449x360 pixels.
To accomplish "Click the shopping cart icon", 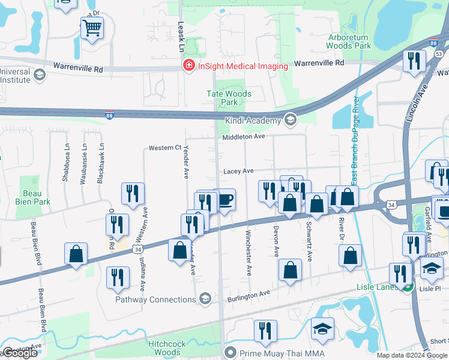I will pyautogui.click(x=92, y=28).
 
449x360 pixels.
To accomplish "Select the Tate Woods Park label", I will pyautogui.click(x=229, y=98).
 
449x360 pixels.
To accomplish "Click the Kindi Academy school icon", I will pyautogui.click(x=291, y=120).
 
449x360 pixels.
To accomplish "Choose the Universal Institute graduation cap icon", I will pyautogui.click(x=40, y=75).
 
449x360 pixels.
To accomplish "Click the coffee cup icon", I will pyautogui.click(x=224, y=200).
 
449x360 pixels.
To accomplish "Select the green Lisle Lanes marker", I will pyautogui.click(x=408, y=288).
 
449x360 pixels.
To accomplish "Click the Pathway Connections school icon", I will pyautogui.click(x=205, y=299).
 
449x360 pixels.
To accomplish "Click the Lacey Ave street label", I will pyautogui.click(x=238, y=171).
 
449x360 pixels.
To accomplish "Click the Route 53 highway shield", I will pyautogui.click(x=439, y=54).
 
